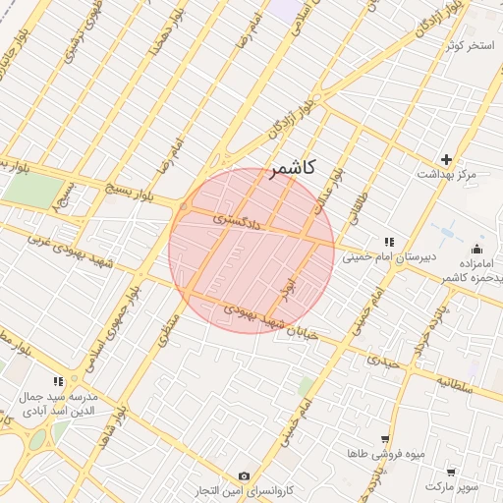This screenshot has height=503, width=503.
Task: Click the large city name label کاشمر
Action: [x=291, y=168]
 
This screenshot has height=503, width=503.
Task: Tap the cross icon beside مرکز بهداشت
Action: [x=447, y=159]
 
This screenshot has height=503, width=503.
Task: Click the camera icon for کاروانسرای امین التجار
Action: [x=244, y=475]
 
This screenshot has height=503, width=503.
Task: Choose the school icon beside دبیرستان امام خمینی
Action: [x=389, y=242]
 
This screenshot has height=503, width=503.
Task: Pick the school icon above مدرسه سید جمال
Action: [x=58, y=380]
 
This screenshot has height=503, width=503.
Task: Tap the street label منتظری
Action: [x=164, y=330]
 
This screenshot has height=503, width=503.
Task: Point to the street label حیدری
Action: [x=384, y=361]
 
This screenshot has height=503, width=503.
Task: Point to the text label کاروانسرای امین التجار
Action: [x=244, y=490]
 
